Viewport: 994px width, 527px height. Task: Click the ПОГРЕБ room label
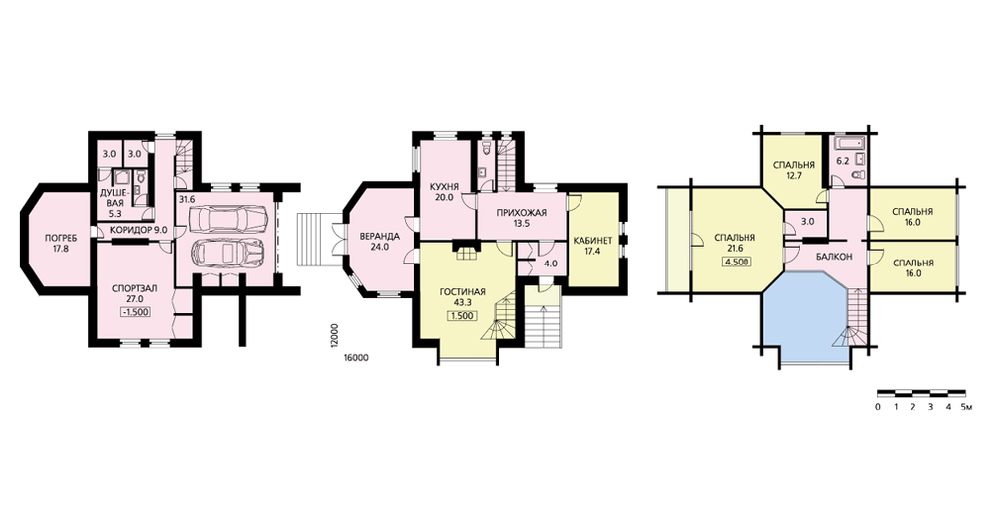pos(62,238)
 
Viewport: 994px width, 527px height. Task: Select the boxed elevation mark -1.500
pos(133,310)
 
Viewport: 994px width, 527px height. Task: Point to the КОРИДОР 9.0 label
pos(139,231)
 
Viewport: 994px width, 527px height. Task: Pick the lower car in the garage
pos(227,253)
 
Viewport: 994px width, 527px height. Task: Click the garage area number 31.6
pos(187,199)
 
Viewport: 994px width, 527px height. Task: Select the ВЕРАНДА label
pos(377,236)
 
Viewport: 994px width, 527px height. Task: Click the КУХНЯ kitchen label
pos(444,187)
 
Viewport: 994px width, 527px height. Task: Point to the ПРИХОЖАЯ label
pos(522,213)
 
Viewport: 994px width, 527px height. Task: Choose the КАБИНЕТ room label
pos(592,241)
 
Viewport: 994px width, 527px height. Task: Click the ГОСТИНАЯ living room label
pos(463,292)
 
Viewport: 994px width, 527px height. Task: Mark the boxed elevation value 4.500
pos(736,261)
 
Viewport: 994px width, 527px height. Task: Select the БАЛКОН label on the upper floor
pos(834,257)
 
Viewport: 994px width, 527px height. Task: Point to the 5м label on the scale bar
pos(967,407)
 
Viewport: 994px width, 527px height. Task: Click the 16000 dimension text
pos(355,358)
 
